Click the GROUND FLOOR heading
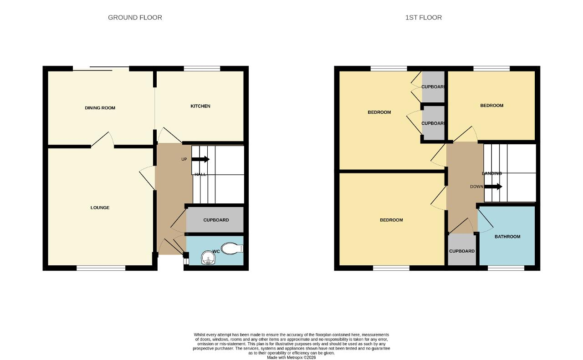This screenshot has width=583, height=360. click(x=135, y=17)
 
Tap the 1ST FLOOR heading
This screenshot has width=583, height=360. click(x=424, y=17)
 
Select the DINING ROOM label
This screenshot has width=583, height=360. click(x=100, y=108)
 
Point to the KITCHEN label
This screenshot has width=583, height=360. click(x=200, y=106)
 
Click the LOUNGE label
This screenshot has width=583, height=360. click(x=100, y=208)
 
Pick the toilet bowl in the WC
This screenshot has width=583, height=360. click(x=232, y=248)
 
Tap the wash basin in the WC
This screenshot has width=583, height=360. click(x=209, y=258)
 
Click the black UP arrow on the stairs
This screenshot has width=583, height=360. click(x=200, y=159)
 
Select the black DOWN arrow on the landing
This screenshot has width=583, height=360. click(x=493, y=187)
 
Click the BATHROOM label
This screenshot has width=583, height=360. click(x=507, y=237)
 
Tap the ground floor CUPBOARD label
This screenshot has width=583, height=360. click(x=216, y=220)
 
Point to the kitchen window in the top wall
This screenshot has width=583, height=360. click(x=202, y=69)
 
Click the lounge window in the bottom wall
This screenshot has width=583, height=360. click(x=101, y=268)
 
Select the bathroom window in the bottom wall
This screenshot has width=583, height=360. click(x=506, y=268)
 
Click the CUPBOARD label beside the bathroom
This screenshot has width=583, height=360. click(x=462, y=251)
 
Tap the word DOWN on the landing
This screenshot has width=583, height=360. click(x=476, y=187)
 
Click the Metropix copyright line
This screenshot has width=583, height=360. click(x=291, y=358)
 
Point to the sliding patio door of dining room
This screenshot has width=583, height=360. click(x=101, y=69)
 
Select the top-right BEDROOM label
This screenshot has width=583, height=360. click(x=492, y=106)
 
